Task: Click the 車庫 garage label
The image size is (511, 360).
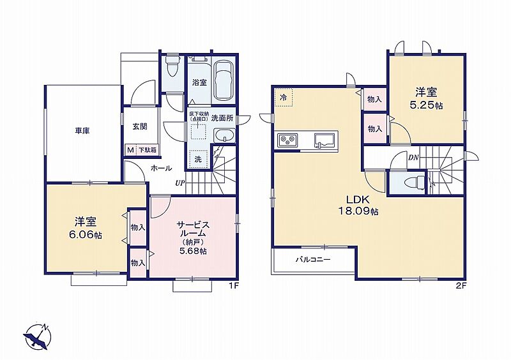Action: coord(82,131)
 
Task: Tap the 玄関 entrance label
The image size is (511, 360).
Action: coord(139,126)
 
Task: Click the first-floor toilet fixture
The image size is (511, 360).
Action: coord(172,67)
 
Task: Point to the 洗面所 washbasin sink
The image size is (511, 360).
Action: coord(224,135)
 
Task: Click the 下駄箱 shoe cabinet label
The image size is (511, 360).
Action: coord(148,150)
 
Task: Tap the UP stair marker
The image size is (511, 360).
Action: coord(180,183)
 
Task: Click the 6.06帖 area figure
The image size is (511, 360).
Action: coord(85,234)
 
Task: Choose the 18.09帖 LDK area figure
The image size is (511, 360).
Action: coord(358,211)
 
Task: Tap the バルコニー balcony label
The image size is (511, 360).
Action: coord(313,260)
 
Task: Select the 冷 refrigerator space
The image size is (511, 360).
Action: coord(284,97)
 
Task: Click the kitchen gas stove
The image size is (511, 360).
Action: coord(287,140)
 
